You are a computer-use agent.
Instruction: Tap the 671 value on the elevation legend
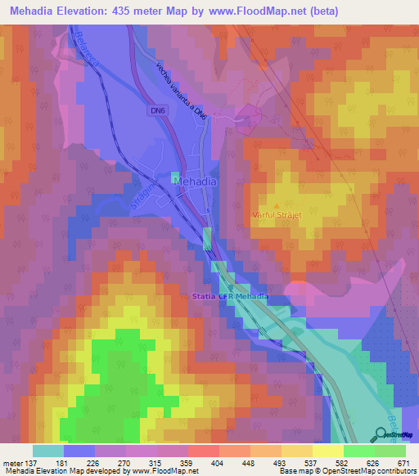click(403, 463)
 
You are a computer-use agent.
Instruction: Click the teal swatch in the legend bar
click(48, 451)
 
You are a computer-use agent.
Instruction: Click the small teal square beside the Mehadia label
click(174, 177)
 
